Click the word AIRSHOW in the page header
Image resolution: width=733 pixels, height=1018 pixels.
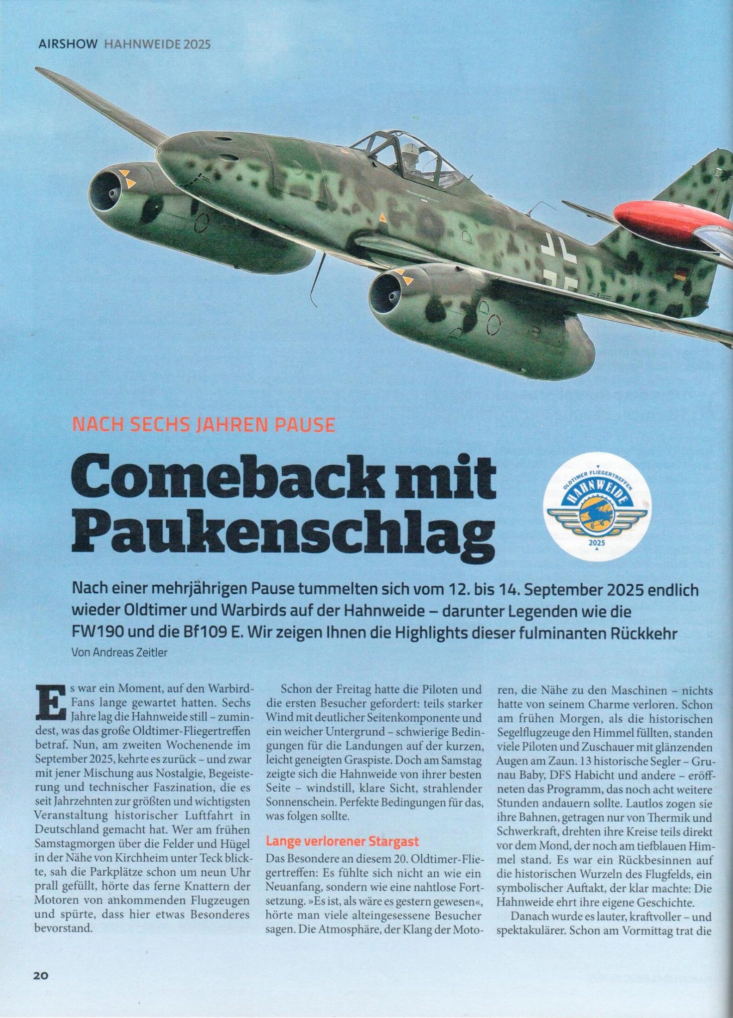tap(68, 44)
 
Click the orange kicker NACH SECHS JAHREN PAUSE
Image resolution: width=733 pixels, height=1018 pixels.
tap(204, 424)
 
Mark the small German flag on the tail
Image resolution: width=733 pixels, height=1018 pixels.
tap(680, 277)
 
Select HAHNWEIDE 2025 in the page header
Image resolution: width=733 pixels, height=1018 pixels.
tap(158, 44)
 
